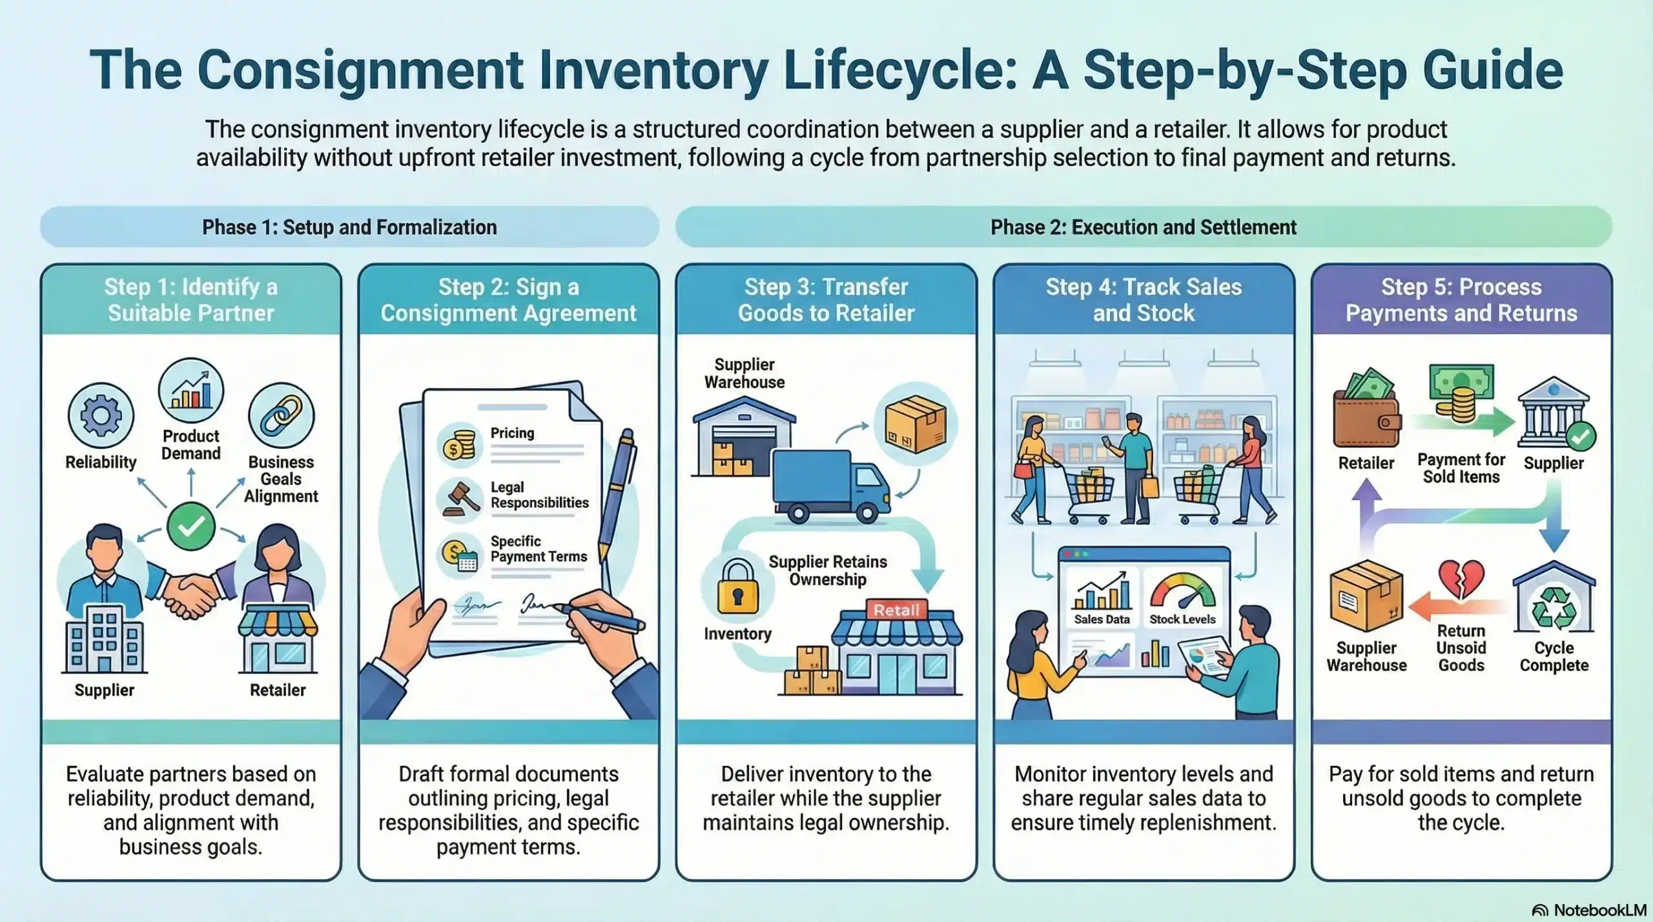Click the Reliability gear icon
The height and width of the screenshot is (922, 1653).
[101, 416]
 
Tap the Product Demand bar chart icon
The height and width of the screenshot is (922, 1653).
[191, 391]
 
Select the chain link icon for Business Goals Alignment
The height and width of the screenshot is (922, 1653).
[281, 416]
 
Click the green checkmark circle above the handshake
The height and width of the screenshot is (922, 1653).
[191, 526]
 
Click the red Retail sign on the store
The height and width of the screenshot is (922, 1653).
[896, 610]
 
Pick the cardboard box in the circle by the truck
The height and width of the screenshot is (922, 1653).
[915, 425]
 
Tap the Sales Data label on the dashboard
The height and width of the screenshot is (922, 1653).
[1102, 619]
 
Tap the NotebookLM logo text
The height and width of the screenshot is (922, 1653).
[1599, 910]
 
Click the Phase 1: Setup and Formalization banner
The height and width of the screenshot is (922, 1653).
[349, 227]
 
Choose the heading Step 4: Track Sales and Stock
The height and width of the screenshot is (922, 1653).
[1144, 299]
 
